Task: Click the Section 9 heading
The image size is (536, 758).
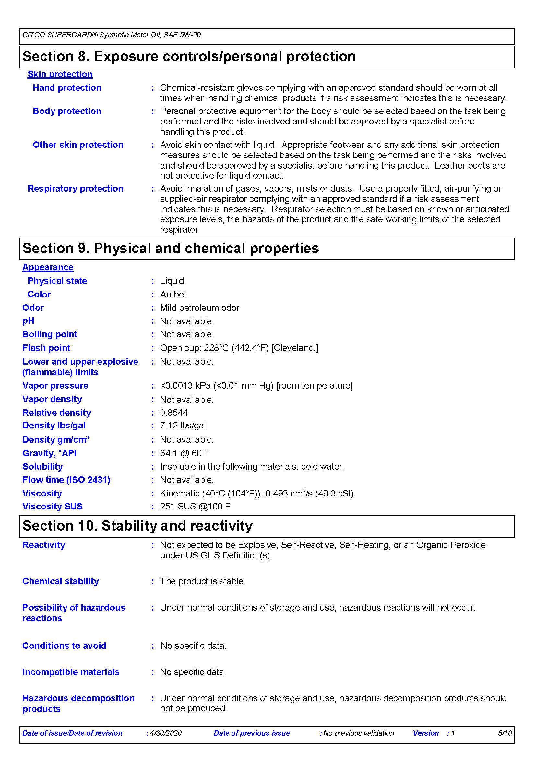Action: click(171, 248)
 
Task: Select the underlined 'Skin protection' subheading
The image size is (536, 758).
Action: click(60, 74)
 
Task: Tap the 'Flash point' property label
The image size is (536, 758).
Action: click(46, 348)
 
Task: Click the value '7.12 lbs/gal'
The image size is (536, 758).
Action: click(183, 425)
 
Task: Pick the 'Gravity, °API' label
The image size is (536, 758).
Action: click(49, 453)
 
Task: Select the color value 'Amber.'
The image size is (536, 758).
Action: click(174, 294)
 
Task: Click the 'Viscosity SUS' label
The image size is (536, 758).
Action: click(52, 506)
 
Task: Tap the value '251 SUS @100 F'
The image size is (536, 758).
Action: click(195, 506)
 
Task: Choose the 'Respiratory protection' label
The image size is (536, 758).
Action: click(75, 188)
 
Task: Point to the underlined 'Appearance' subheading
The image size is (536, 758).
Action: click(48, 267)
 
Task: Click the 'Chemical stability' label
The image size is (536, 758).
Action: click(60, 581)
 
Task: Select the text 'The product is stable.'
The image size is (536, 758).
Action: click(202, 581)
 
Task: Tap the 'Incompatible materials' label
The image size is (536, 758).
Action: click(71, 672)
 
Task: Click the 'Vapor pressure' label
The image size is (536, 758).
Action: click(55, 385)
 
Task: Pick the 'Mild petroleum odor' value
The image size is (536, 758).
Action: click(199, 308)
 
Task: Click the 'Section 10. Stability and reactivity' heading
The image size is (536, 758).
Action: click(137, 526)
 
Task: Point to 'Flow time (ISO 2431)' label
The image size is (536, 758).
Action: click(66, 480)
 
